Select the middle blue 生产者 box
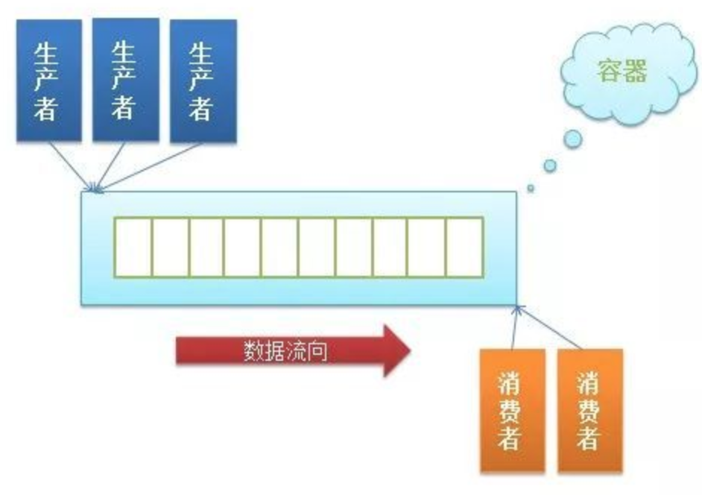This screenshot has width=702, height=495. pyautogui.click(x=125, y=80)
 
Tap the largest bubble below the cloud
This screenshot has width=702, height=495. pyautogui.click(x=572, y=139)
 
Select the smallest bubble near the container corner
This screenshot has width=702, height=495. pyautogui.click(x=531, y=188)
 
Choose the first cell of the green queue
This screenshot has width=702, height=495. pyautogui.click(x=133, y=248)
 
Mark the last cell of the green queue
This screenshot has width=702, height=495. pyautogui.click(x=464, y=248)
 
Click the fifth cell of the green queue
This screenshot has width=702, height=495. pyautogui.click(x=280, y=248)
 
